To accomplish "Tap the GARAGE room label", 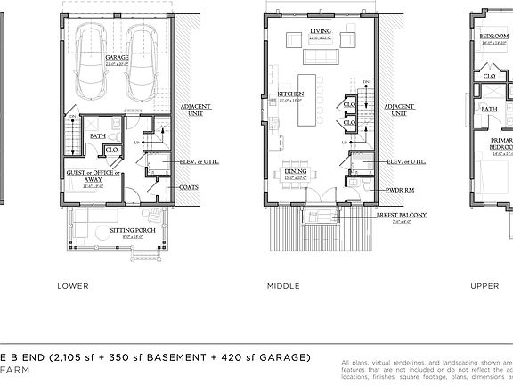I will point(118,57).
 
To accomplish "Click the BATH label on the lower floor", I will point(97,136).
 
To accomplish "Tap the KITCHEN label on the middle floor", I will point(290,94).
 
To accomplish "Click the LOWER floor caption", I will point(72,286).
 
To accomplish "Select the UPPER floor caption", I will point(485,286).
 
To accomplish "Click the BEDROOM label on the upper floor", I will point(493,37).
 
